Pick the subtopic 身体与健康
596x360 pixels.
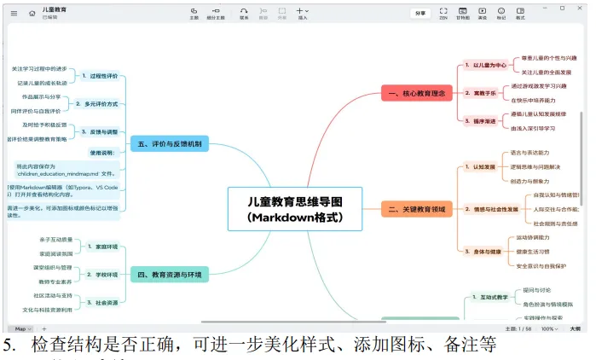coord(483,252)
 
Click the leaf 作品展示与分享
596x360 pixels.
coord(42,96)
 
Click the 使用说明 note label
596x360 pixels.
coord(101,153)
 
